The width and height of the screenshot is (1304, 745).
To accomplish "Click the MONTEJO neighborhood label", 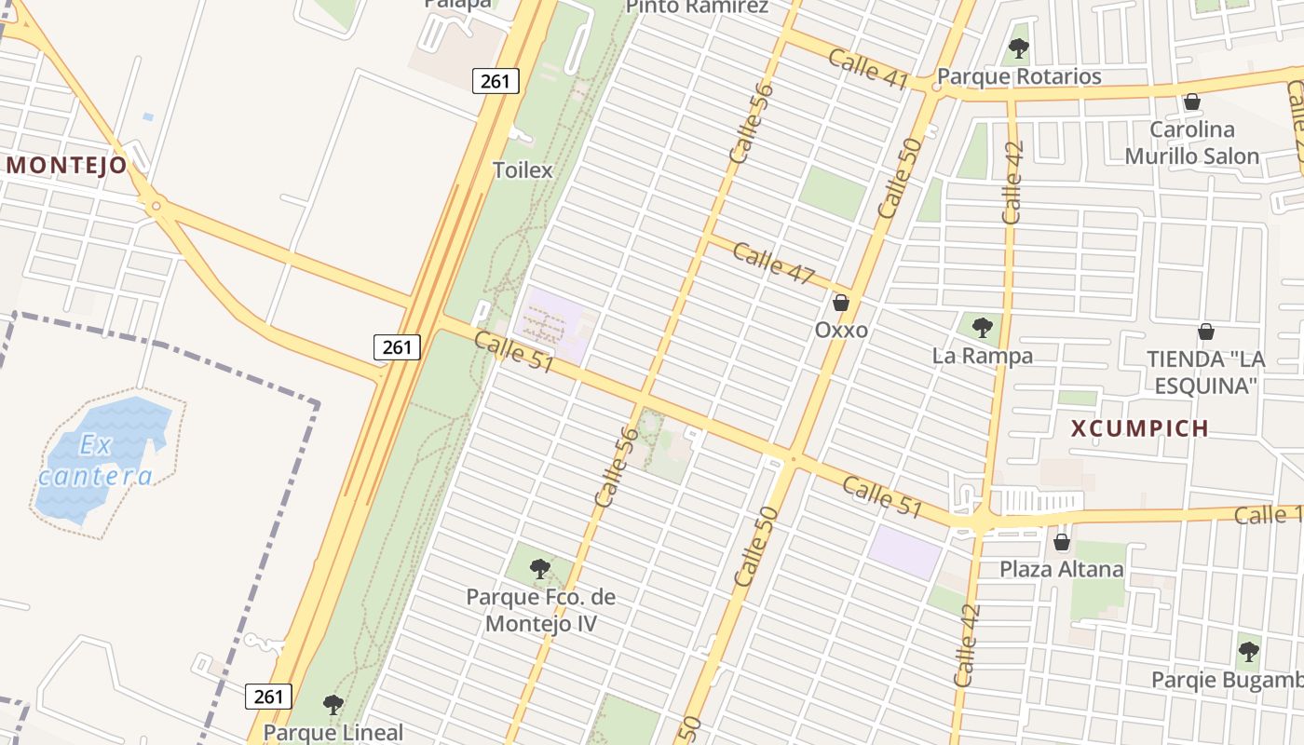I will click(x=66, y=166).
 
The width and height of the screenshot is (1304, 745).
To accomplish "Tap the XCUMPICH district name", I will click(x=1139, y=428).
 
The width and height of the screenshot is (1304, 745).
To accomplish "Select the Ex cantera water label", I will click(x=97, y=461).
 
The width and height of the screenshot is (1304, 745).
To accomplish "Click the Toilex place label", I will click(x=523, y=170).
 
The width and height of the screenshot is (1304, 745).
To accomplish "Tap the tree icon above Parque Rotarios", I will click(x=1018, y=47).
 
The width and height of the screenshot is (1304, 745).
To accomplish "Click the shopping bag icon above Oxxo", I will click(x=841, y=303).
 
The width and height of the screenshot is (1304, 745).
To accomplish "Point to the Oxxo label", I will click(x=841, y=330).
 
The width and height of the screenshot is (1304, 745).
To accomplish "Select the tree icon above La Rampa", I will click(x=982, y=327).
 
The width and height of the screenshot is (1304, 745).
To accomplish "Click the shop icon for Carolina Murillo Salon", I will click(x=1191, y=102).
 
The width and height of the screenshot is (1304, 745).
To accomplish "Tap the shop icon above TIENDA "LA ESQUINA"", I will click(x=1205, y=332).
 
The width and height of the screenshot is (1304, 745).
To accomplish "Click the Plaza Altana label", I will click(x=1062, y=569).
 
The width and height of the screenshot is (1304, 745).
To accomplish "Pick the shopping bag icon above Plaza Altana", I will click(x=1061, y=542).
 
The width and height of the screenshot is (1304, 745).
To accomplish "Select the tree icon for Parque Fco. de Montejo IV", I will click(x=539, y=568).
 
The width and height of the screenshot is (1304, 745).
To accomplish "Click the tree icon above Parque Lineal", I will click(x=333, y=704).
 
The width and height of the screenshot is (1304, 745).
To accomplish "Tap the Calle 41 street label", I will click(x=867, y=70).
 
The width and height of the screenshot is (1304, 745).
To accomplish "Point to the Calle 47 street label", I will click(x=773, y=264).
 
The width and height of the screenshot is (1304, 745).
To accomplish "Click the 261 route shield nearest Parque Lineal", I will click(x=269, y=696).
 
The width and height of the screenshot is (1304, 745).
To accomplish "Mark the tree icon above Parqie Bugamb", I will click(x=1248, y=651).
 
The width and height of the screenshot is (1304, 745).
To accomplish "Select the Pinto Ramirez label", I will click(x=697, y=7).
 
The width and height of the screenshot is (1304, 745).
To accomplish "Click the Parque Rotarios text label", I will click(x=1019, y=76).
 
